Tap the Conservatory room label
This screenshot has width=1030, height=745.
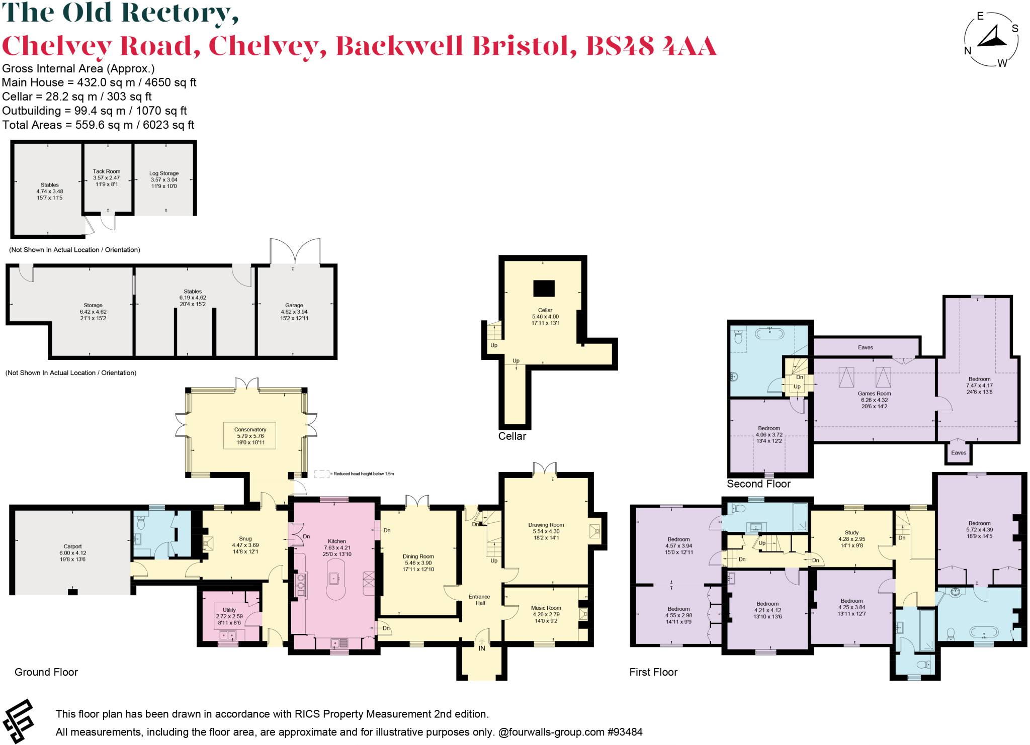click(250, 430)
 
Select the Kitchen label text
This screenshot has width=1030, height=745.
click(337, 541)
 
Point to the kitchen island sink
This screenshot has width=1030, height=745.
click(334, 579)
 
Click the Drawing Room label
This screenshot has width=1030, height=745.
click(546, 525)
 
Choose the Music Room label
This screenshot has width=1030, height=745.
click(546, 608)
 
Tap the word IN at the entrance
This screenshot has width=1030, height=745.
click(481, 648)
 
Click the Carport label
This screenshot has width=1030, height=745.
click(72, 546)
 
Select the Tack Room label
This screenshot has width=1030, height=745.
click(107, 171)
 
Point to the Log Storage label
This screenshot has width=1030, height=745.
click(164, 173)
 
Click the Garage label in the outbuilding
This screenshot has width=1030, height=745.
click(294, 305)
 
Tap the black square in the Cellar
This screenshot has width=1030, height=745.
click(544, 289)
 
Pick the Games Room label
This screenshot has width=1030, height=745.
click(874, 394)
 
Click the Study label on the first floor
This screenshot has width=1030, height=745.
click(851, 532)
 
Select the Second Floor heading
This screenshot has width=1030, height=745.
click(758, 484)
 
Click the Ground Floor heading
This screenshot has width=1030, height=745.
click(46, 672)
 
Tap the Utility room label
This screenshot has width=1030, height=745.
click(229, 610)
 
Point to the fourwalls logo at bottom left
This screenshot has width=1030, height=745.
click(18, 720)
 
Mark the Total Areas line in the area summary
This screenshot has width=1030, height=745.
click(98, 125)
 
